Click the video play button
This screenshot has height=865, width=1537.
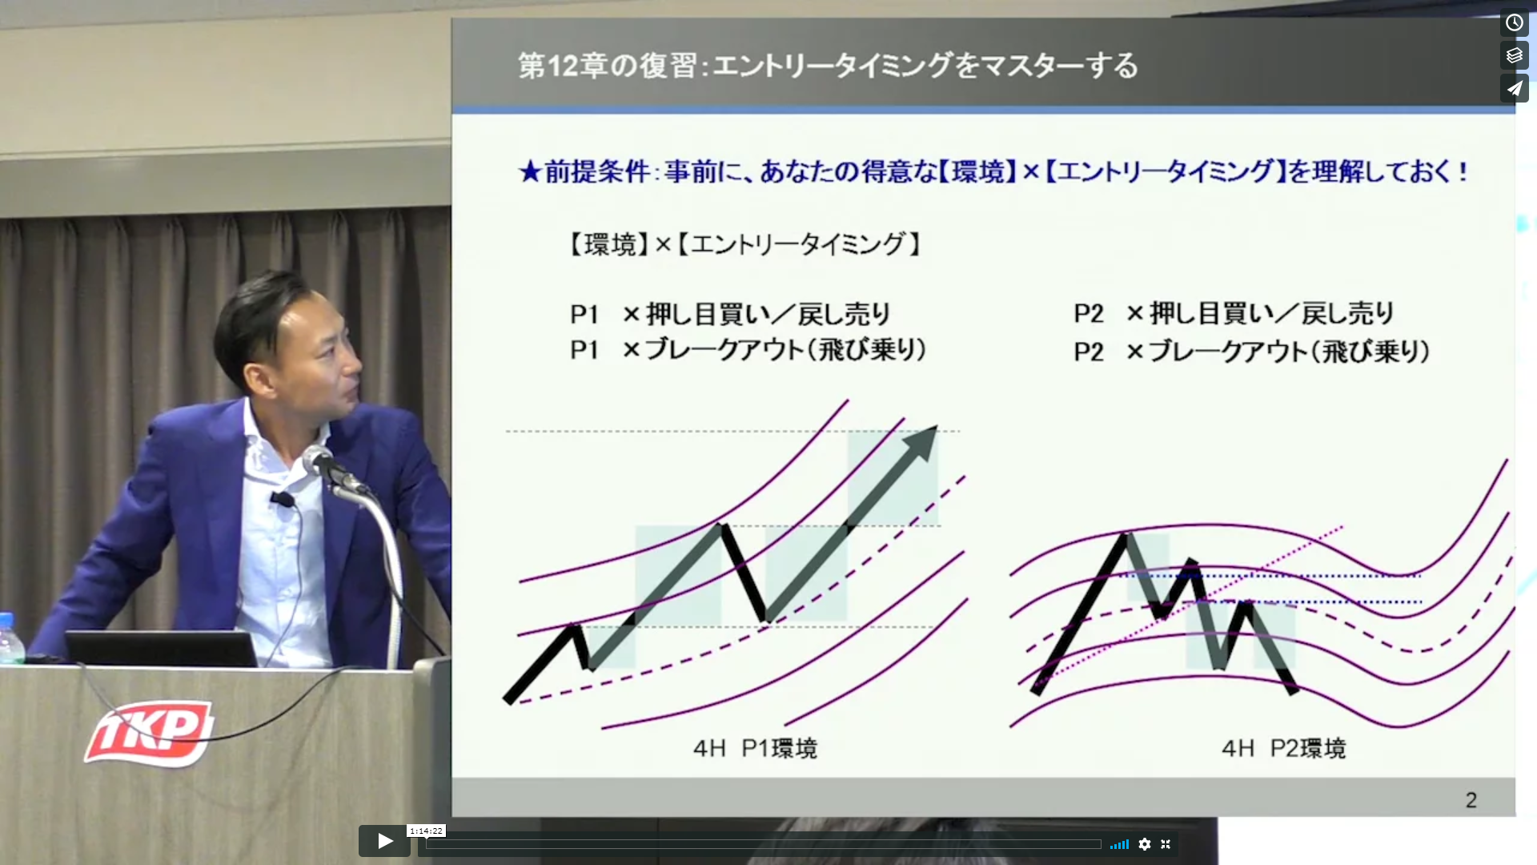coord(384,841)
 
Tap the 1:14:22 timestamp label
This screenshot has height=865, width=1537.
coord(426,831)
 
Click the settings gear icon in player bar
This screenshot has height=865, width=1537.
coord(1145,844)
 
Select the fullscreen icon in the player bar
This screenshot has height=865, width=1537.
coord(1166,844)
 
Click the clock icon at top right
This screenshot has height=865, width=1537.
coord(1514,22)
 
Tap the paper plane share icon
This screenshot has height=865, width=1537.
coord(1514,88)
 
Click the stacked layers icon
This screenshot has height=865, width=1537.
coord(1514,55)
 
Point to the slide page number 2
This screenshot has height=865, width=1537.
coord(1471,799)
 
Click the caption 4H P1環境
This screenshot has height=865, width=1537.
coord(755,748)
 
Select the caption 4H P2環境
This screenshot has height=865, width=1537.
coord(1283,748)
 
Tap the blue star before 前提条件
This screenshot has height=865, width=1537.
coord(530,171)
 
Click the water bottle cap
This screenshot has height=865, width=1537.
coord(6,619)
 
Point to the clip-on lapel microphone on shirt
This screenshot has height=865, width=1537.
coord(282,500)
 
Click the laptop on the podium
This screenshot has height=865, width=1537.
coord(162,648)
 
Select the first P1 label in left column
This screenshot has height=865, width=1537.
coord(584,314)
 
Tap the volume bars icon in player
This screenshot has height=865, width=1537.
coord(1119,844)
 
